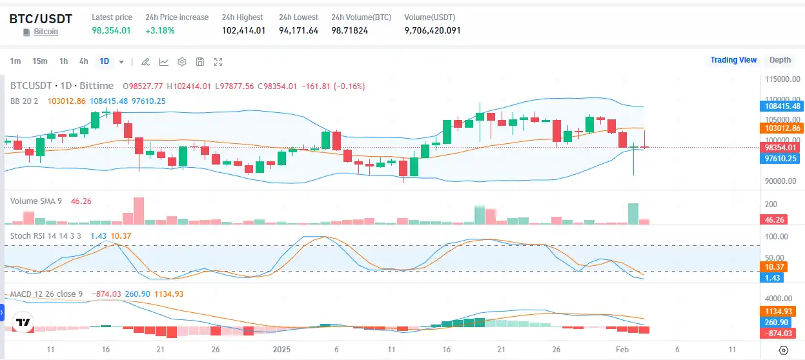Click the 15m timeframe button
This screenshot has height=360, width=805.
coord(40,61)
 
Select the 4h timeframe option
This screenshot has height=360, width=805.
coord(83,61)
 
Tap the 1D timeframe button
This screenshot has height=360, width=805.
coord(104,61)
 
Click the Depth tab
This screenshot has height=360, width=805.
coord(780,60)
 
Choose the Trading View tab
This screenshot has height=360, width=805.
coord(733,60)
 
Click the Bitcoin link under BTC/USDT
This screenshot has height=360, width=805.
coord(46,31)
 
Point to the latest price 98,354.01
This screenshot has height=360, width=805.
coord(111,30)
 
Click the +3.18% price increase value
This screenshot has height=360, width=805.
coord(160,30)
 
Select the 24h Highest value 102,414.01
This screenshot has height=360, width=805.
coord(243,30)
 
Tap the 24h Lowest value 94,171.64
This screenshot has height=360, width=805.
coord(298,30)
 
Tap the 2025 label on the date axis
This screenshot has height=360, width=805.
coord(281,349)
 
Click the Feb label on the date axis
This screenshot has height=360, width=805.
coord(622,349)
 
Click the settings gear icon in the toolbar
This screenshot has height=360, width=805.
coord(182,62)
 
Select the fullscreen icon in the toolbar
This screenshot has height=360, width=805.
coord(218,62)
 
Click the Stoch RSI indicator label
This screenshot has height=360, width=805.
coord(45,235)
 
